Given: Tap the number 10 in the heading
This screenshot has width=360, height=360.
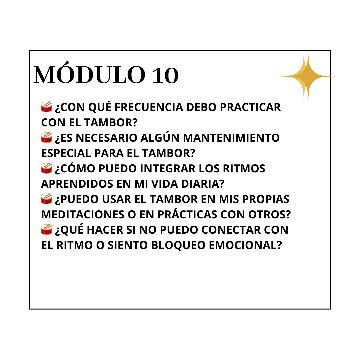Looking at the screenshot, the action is point(165,75).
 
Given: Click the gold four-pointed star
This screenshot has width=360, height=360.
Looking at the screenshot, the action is point(306,76).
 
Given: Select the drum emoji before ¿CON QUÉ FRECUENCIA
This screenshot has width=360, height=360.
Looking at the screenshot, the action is point(46,107).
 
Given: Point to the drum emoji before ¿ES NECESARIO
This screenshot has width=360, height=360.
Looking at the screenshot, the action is point(46,138).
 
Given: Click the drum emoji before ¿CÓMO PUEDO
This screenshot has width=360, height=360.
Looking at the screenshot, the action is point(46,168).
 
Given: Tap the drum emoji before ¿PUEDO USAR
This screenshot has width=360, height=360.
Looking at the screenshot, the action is point(46,199).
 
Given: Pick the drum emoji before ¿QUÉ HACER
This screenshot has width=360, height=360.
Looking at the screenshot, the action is point(46,230).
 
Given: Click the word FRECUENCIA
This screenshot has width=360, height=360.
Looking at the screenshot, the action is point(149,107).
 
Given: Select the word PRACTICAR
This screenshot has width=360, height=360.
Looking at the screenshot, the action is point(250,107).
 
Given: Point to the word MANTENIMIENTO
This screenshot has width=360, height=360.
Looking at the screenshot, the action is point(231,138).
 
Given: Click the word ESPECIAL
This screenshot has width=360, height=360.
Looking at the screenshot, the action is point(66,153).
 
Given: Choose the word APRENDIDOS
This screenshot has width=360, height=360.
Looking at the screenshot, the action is point(77,184).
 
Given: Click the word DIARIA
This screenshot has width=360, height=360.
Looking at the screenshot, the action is point(203,184).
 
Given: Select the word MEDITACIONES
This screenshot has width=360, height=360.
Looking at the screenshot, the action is point(83,215).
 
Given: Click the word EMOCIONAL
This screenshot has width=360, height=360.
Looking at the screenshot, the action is point(245,245).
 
